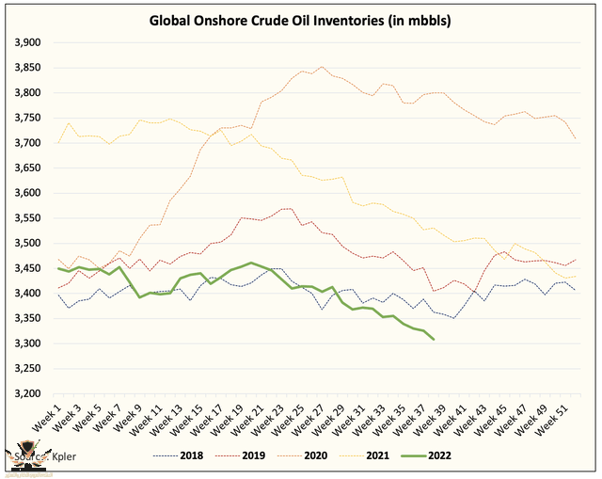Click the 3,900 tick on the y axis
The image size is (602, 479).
pos(25,42)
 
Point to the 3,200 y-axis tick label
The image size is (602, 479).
pos(25,393)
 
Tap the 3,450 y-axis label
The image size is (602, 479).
pos(25,268)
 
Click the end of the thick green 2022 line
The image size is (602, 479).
pos(433,339)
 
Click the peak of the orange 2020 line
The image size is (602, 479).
pos(323,67)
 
